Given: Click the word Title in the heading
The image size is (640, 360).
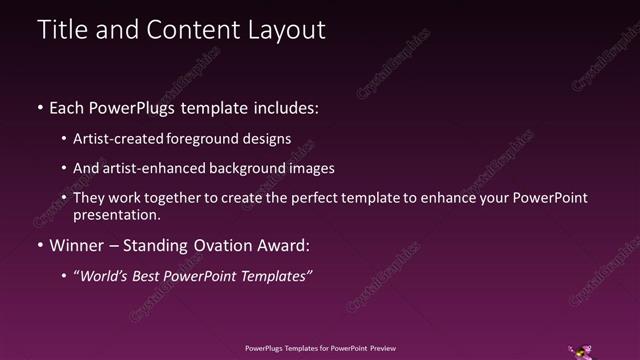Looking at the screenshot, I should coord(62,30).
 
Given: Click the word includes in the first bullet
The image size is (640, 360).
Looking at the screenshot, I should coord(283,107).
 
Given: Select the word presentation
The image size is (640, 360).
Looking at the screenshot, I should coord(116,215).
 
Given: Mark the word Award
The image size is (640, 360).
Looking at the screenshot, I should coord(283,245).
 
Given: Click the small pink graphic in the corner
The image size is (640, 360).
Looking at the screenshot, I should coord(579,350).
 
